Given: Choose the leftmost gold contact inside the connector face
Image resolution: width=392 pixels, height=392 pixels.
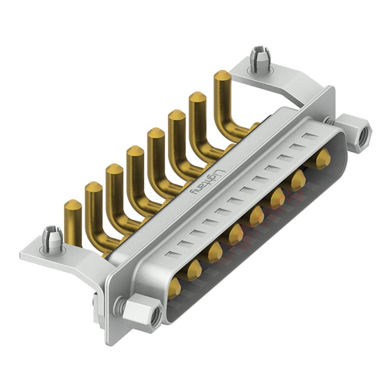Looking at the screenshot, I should pos(174,289).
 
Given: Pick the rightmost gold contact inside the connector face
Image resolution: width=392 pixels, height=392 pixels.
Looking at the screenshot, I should pos(322,159).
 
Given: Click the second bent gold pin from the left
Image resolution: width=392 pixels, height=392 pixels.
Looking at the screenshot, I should pos(93,189).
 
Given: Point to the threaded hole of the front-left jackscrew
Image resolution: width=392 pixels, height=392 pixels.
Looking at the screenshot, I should pos(155,318).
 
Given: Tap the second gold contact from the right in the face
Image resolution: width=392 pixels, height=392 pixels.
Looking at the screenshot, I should pos(298,180).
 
